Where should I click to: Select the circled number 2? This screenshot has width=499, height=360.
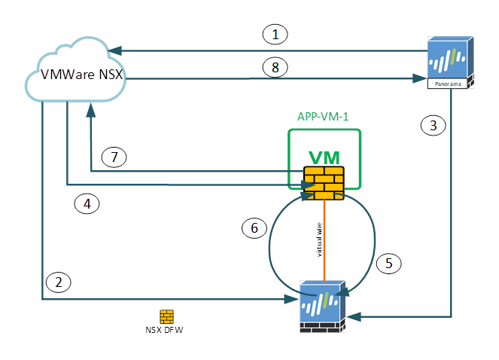59,282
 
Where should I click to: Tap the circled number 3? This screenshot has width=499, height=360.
432,126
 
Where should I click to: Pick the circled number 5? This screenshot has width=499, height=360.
388,263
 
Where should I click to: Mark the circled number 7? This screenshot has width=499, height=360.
114,157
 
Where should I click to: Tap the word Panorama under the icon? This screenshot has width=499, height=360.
449,84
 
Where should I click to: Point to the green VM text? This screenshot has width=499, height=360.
324,157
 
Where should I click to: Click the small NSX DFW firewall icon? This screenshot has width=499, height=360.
166,316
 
